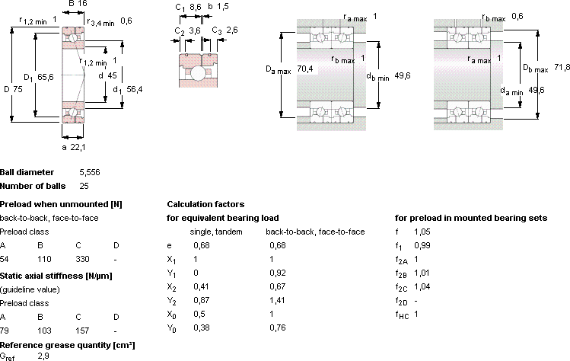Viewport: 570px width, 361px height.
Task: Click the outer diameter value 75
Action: [18, 89]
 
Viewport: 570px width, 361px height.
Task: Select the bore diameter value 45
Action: [113, 75]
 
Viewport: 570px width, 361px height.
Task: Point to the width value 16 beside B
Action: [83, 4]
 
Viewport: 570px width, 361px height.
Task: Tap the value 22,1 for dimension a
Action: [78, 147]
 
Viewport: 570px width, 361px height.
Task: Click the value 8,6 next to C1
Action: [196, 7]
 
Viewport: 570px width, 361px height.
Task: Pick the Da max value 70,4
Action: [305, 69]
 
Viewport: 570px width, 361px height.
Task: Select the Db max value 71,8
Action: [562, 67]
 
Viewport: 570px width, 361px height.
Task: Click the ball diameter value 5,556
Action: [90, 172]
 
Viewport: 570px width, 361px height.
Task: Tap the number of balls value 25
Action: [84, 186]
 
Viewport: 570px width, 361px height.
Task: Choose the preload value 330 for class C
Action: [82, 259]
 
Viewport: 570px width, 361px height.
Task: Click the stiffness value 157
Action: [82, 331]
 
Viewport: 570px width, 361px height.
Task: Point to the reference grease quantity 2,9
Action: [43, 356]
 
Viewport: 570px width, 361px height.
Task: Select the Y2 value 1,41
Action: [277, 300]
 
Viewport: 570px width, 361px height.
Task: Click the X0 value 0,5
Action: [199, 314]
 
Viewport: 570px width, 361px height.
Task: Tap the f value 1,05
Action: [422, 232]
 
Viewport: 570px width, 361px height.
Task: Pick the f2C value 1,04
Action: [422, 286]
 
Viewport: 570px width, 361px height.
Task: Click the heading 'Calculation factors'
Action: [205, 204]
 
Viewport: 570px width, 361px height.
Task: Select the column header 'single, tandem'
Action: [216, 232]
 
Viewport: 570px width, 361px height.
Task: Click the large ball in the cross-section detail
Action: [197, 73]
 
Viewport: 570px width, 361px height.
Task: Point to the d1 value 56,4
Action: [135, 89]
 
